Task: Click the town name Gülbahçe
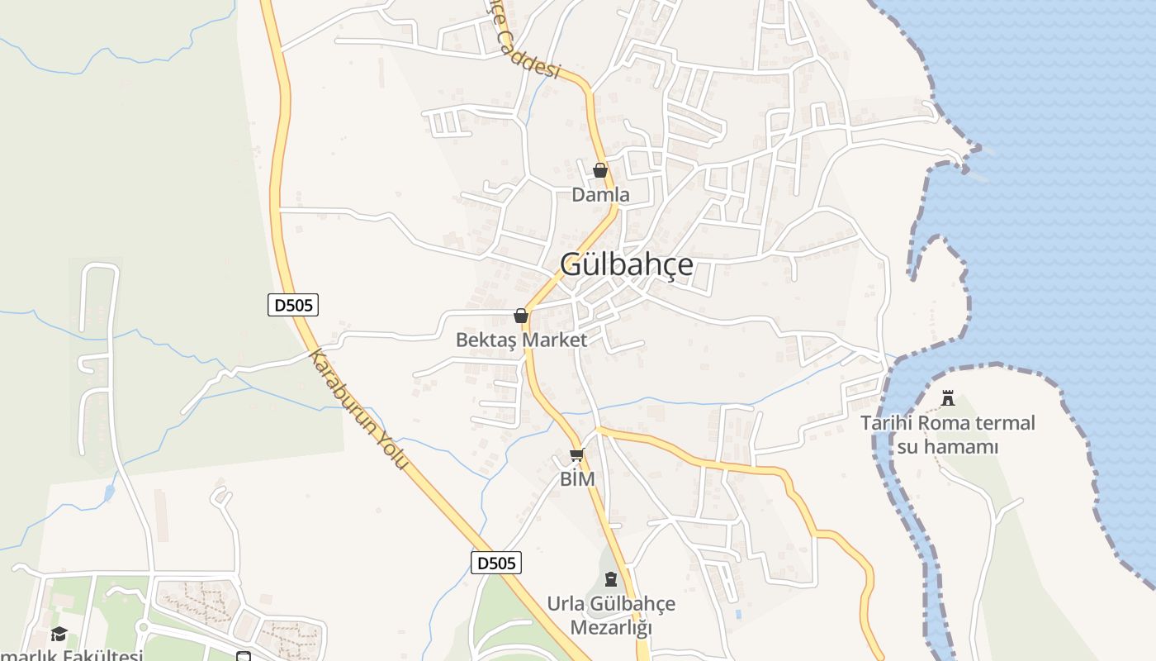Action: (627, 264)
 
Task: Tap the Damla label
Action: (600, 195)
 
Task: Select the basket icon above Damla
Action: (600, 170)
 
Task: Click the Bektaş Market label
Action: (521, 340)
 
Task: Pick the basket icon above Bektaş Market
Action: (521, 316)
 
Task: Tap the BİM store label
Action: (577, 479)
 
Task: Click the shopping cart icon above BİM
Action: (577, 455)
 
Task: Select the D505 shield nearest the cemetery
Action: (496, 564)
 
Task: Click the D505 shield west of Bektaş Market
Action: (293, 305)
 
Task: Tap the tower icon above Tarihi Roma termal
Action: (948, 399)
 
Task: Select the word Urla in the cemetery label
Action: (566, 604)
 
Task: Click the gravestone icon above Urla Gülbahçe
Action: (611, 578)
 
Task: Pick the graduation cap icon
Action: (59, 635)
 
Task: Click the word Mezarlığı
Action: (611, 628)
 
